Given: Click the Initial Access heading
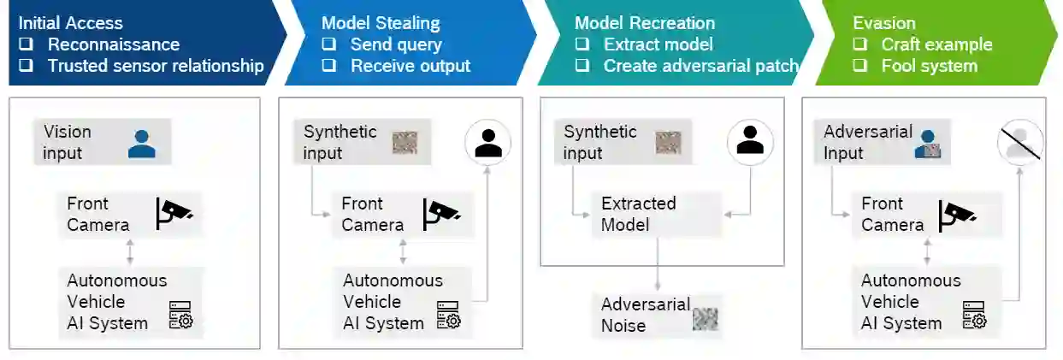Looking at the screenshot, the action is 70,23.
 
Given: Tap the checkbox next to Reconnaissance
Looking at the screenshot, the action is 26,44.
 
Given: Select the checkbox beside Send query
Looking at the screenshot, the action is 328,44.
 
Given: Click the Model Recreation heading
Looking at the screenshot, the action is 645,23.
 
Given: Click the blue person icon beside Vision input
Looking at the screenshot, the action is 142,143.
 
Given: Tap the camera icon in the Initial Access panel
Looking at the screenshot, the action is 174,214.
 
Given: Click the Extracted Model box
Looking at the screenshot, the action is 638,214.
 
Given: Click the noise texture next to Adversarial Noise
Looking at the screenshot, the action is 705,318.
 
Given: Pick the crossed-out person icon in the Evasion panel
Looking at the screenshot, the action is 1020,142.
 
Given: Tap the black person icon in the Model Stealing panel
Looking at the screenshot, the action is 488,142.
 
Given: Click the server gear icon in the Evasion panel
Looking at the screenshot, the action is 973,315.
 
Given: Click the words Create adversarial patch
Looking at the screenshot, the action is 700,66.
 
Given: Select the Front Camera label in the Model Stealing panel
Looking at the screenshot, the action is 372,214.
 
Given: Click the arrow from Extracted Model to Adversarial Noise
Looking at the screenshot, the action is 657,265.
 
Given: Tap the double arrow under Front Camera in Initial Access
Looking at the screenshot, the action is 130,252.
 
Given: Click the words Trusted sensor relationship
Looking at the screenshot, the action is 156,66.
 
